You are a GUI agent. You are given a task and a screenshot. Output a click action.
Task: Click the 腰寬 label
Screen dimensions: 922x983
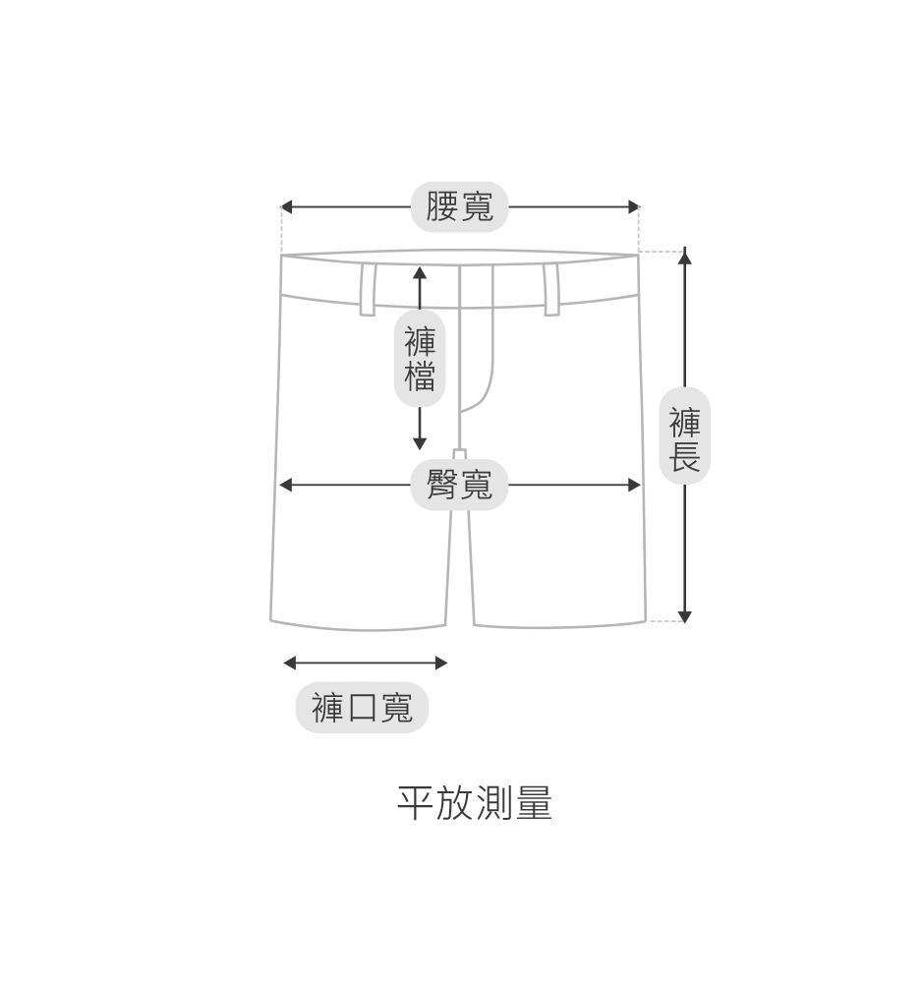459,206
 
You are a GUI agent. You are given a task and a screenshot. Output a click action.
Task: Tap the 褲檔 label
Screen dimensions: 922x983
420,359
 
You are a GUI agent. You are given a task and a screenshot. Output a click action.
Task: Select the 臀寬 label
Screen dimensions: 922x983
459,485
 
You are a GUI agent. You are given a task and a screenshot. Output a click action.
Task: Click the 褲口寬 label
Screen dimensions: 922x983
362,707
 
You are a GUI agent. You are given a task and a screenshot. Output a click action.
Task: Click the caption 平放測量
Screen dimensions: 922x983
475,803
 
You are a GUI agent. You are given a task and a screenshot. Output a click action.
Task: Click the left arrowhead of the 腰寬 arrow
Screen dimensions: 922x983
286,206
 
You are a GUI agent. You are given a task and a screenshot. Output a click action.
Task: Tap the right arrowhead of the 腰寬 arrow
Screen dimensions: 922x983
634,206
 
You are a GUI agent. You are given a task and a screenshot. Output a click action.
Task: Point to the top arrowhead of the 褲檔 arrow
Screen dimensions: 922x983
420,272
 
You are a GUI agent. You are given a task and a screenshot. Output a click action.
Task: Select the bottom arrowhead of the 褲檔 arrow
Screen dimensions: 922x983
420,443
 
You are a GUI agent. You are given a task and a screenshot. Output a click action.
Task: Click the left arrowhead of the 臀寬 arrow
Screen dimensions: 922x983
286,485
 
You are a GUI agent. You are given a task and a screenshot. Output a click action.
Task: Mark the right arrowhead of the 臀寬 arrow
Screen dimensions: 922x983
634,485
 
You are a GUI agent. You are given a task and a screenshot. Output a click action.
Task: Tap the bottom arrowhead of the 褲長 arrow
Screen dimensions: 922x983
685,616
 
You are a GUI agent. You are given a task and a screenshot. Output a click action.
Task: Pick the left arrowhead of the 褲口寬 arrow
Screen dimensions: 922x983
289,663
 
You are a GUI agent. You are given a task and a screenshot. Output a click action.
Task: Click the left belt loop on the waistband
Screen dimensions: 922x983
368,289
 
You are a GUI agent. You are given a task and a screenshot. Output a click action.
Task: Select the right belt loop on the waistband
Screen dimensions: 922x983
551,289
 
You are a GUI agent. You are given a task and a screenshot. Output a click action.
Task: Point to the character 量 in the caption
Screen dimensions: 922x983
534,803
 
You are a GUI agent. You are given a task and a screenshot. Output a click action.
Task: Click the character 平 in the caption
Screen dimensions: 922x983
416,803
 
